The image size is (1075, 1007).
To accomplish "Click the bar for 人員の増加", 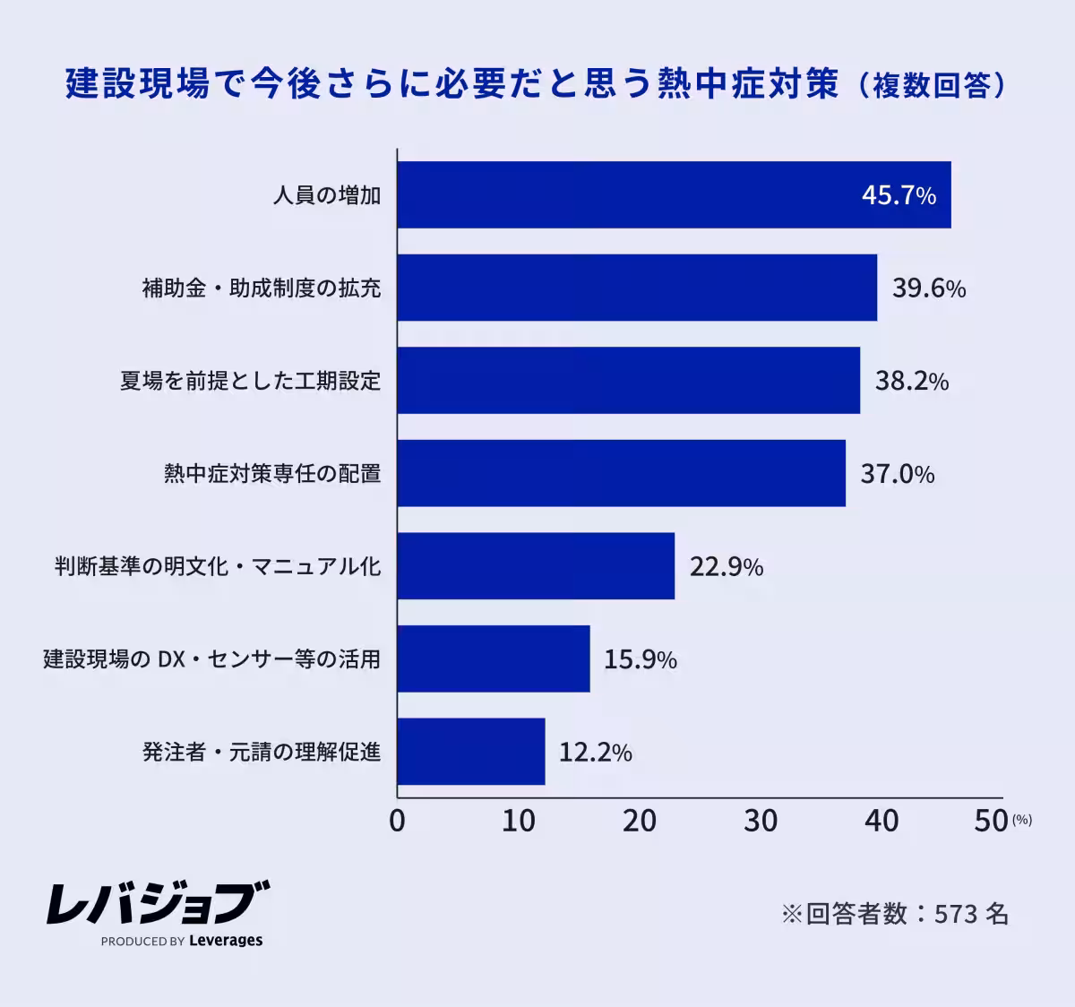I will click(674, 195).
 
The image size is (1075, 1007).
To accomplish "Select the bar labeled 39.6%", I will click(637, 288).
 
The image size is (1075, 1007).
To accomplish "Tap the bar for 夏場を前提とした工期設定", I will click(628, 381).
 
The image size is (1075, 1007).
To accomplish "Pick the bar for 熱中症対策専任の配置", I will click(621, 473).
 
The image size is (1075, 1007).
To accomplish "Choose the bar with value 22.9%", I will click(536, 566).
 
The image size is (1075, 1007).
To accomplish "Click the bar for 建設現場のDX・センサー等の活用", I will click(494, 658).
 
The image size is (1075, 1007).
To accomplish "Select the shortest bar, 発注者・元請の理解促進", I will click(471, 752).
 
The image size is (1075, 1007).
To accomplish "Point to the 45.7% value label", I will click(899, 195).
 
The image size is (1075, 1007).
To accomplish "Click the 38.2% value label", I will click(911, 381).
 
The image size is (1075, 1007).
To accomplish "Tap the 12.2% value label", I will click(595, 752).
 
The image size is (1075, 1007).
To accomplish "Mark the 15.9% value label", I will click(640, 659).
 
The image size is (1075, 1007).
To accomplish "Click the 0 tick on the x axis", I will click(397, 821).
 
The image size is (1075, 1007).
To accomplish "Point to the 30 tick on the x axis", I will click(761, 821).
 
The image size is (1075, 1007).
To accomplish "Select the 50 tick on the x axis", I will click(991, 821).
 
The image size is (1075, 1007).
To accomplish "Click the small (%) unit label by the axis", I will click(1022, 819).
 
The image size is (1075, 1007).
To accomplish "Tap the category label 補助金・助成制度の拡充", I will click(262, 288).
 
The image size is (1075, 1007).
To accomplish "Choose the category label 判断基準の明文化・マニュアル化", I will click(218, 566).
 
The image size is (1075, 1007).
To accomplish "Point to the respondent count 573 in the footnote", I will click(955, 914).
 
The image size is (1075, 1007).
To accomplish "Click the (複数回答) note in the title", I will click(932, 85).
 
